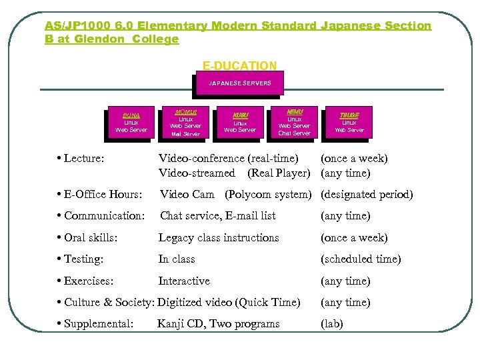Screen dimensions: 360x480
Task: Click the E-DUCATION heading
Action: tap(239, 65)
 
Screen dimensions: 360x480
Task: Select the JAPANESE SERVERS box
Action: tap(240, 83)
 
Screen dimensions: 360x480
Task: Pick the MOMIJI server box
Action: tap(185, 122)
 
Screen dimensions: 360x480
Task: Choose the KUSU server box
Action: tap(240, 122)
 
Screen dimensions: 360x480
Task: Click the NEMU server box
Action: tap(294, 122)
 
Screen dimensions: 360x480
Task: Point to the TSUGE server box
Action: tap(349, 122)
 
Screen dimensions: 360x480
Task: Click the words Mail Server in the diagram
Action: tap(185, 134)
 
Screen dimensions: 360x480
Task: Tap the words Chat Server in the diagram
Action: tap(294, 133)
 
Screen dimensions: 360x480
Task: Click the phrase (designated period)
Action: tap(367, 195)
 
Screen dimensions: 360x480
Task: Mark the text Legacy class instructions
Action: tap(218, 238)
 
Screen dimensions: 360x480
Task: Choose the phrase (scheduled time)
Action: tap(361, 259)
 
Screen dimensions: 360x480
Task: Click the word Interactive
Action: tap(184, 281)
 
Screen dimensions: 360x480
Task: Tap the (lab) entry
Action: tap(333, 324)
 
